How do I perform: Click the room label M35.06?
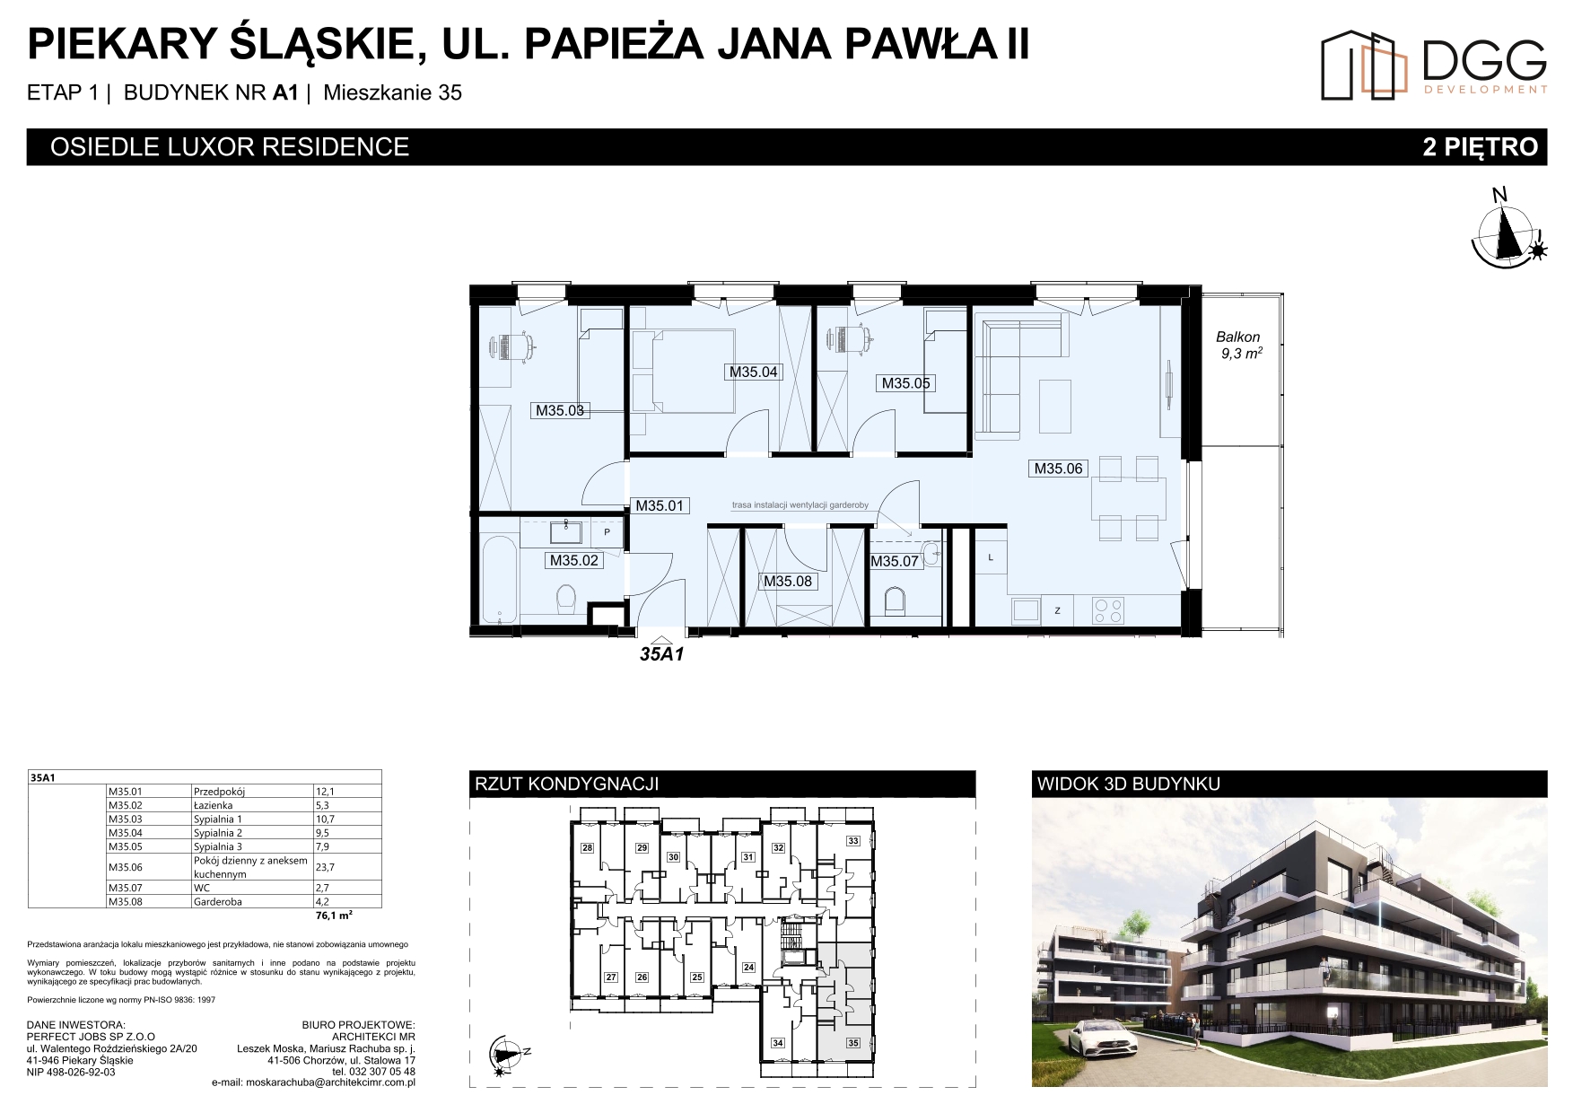1059,468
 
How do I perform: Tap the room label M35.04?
753,372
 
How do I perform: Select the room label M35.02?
573,561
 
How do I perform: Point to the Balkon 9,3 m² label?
1240,346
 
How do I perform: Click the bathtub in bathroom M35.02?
499,580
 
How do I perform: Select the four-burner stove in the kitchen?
1108,610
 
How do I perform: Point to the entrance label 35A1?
662,654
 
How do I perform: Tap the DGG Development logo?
1434,64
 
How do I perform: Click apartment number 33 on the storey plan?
853,841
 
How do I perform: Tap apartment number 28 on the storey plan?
588,848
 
